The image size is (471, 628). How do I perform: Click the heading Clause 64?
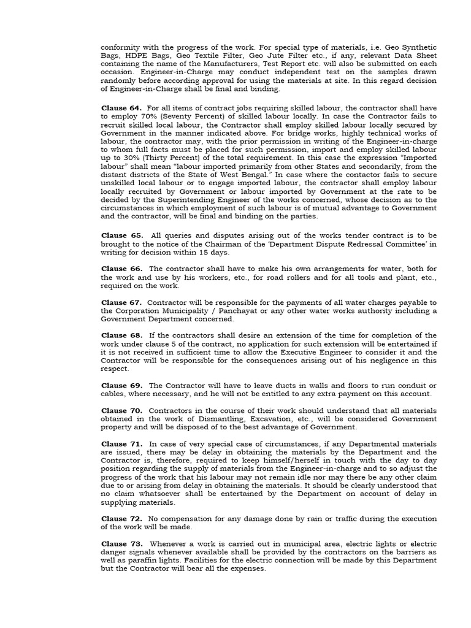[121, 108]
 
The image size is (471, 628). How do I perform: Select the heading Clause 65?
[122, 235]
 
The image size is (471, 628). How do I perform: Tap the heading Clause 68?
[121, 335]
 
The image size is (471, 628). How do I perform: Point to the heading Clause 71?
[121, 443]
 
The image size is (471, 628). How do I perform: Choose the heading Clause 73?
[121, 544]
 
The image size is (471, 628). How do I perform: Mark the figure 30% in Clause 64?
[123, 158]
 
